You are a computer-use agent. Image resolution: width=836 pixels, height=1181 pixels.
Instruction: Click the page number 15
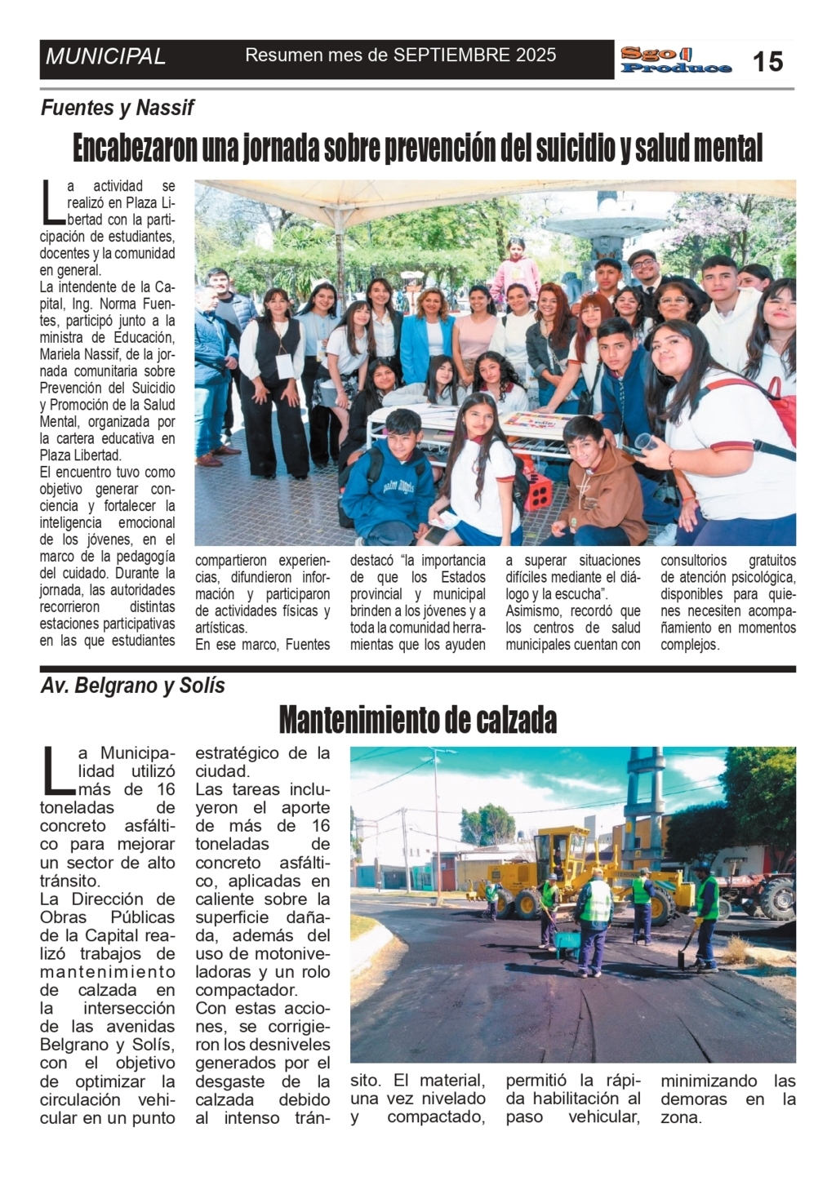[767, 61]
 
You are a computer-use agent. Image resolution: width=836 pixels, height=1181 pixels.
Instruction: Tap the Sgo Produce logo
[675, 60]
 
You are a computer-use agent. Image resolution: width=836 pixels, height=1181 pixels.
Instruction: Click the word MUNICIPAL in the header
[106, 57]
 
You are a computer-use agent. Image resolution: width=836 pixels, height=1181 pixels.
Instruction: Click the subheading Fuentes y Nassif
[118, 108]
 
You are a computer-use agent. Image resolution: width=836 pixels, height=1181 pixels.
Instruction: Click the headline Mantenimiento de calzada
[417, 720]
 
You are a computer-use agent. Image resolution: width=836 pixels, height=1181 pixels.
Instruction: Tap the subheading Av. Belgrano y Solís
[132, 686]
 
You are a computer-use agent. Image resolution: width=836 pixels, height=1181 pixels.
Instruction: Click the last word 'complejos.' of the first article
[690, 645]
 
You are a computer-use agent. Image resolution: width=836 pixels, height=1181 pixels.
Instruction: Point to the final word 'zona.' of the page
[681, 1117]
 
